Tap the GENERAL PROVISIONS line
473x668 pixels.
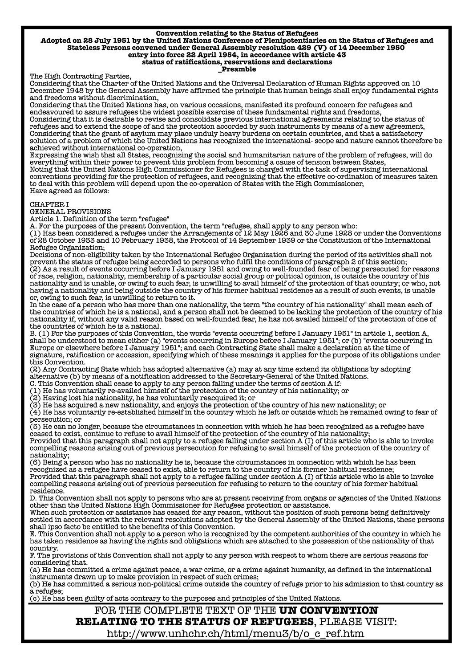(x=70, y=212)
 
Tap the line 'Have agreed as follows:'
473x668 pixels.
(x=66, y=191)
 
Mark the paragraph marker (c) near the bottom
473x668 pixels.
(x=35, y=598)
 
